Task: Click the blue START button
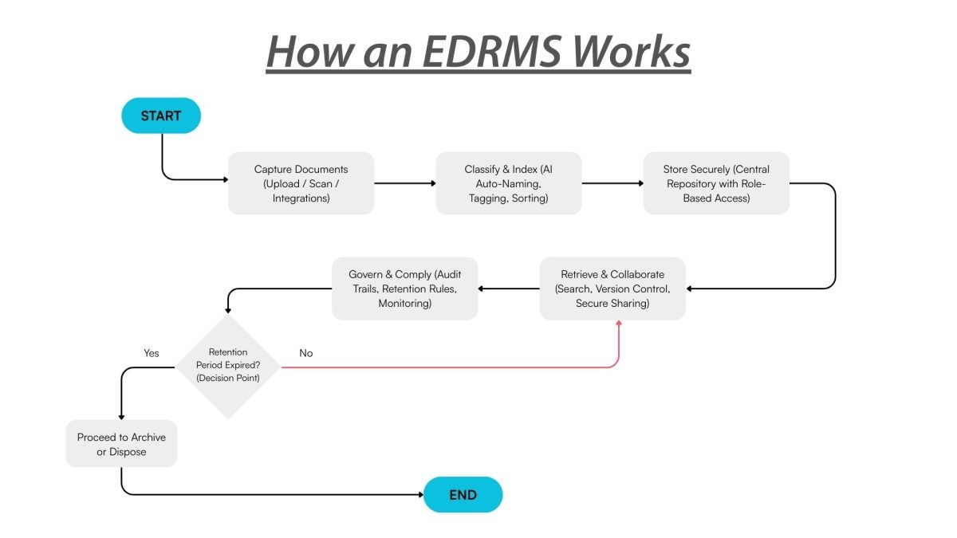161,116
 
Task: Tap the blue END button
463,495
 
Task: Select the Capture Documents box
301,183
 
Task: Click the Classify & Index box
508,183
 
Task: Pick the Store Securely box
716,183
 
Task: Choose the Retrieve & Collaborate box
612,289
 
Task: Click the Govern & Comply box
404,289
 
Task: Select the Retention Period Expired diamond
228,366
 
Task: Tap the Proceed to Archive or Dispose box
121,444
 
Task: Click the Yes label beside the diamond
151,353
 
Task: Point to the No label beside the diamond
305,353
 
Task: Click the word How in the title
305,52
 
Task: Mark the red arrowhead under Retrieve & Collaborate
619,324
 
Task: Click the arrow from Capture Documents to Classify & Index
405,183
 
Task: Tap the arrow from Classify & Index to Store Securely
612,183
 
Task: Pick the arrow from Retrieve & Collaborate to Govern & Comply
509,289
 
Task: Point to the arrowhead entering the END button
419,495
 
